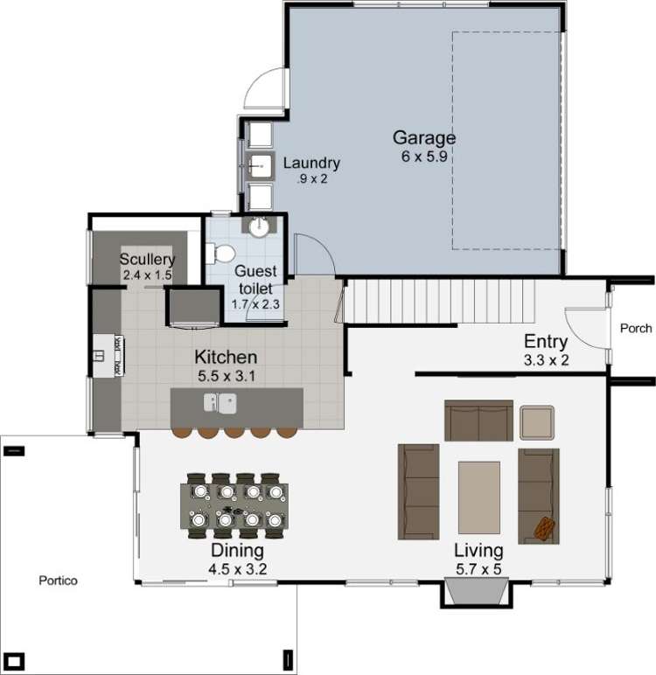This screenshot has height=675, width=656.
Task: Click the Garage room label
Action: [x=423, y=137]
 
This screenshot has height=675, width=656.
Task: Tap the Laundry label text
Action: [x=311, y=164]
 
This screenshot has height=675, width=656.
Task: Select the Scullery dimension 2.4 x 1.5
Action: [x=147, y=275]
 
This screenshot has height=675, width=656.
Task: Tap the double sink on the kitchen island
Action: [x=220, y=402]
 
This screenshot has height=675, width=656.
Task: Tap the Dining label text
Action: [x=237, y=551]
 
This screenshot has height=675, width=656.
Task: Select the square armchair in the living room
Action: [x=536, y=421]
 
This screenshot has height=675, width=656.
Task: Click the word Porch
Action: [x=635, y=329]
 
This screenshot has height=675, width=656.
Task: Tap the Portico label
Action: [x=59, y=581]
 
